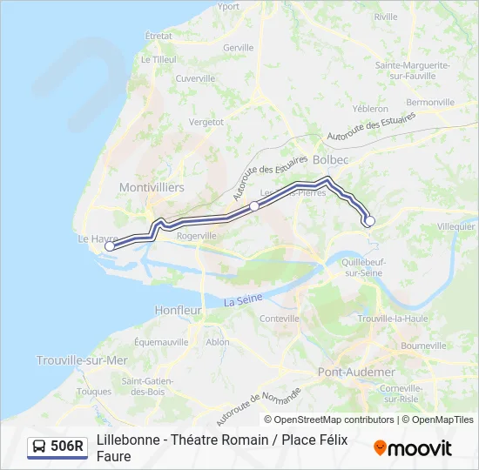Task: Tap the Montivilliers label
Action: pyautogui.click(x=152, y=187)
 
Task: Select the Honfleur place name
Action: pyautogui.click(x=178, y=310)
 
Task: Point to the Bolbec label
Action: pyautogui.click(x=330, y=161)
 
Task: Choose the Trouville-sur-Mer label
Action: pyautogui.click(x=82, y=359)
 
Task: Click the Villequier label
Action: pyautogui.click(x=456, y=225)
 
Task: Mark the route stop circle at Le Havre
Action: pyautogui.click(x=110, y=246)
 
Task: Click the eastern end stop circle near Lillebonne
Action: pyautogui.click(x=369, y=221)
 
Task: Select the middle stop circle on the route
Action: pyautogui.click(x=254, y=205)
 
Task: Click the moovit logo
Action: pyautogui.click(x=413, y=447)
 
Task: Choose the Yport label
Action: pyautogui.click(x=228, y=6)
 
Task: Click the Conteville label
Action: pyautogui.click(x=280, y=319)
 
